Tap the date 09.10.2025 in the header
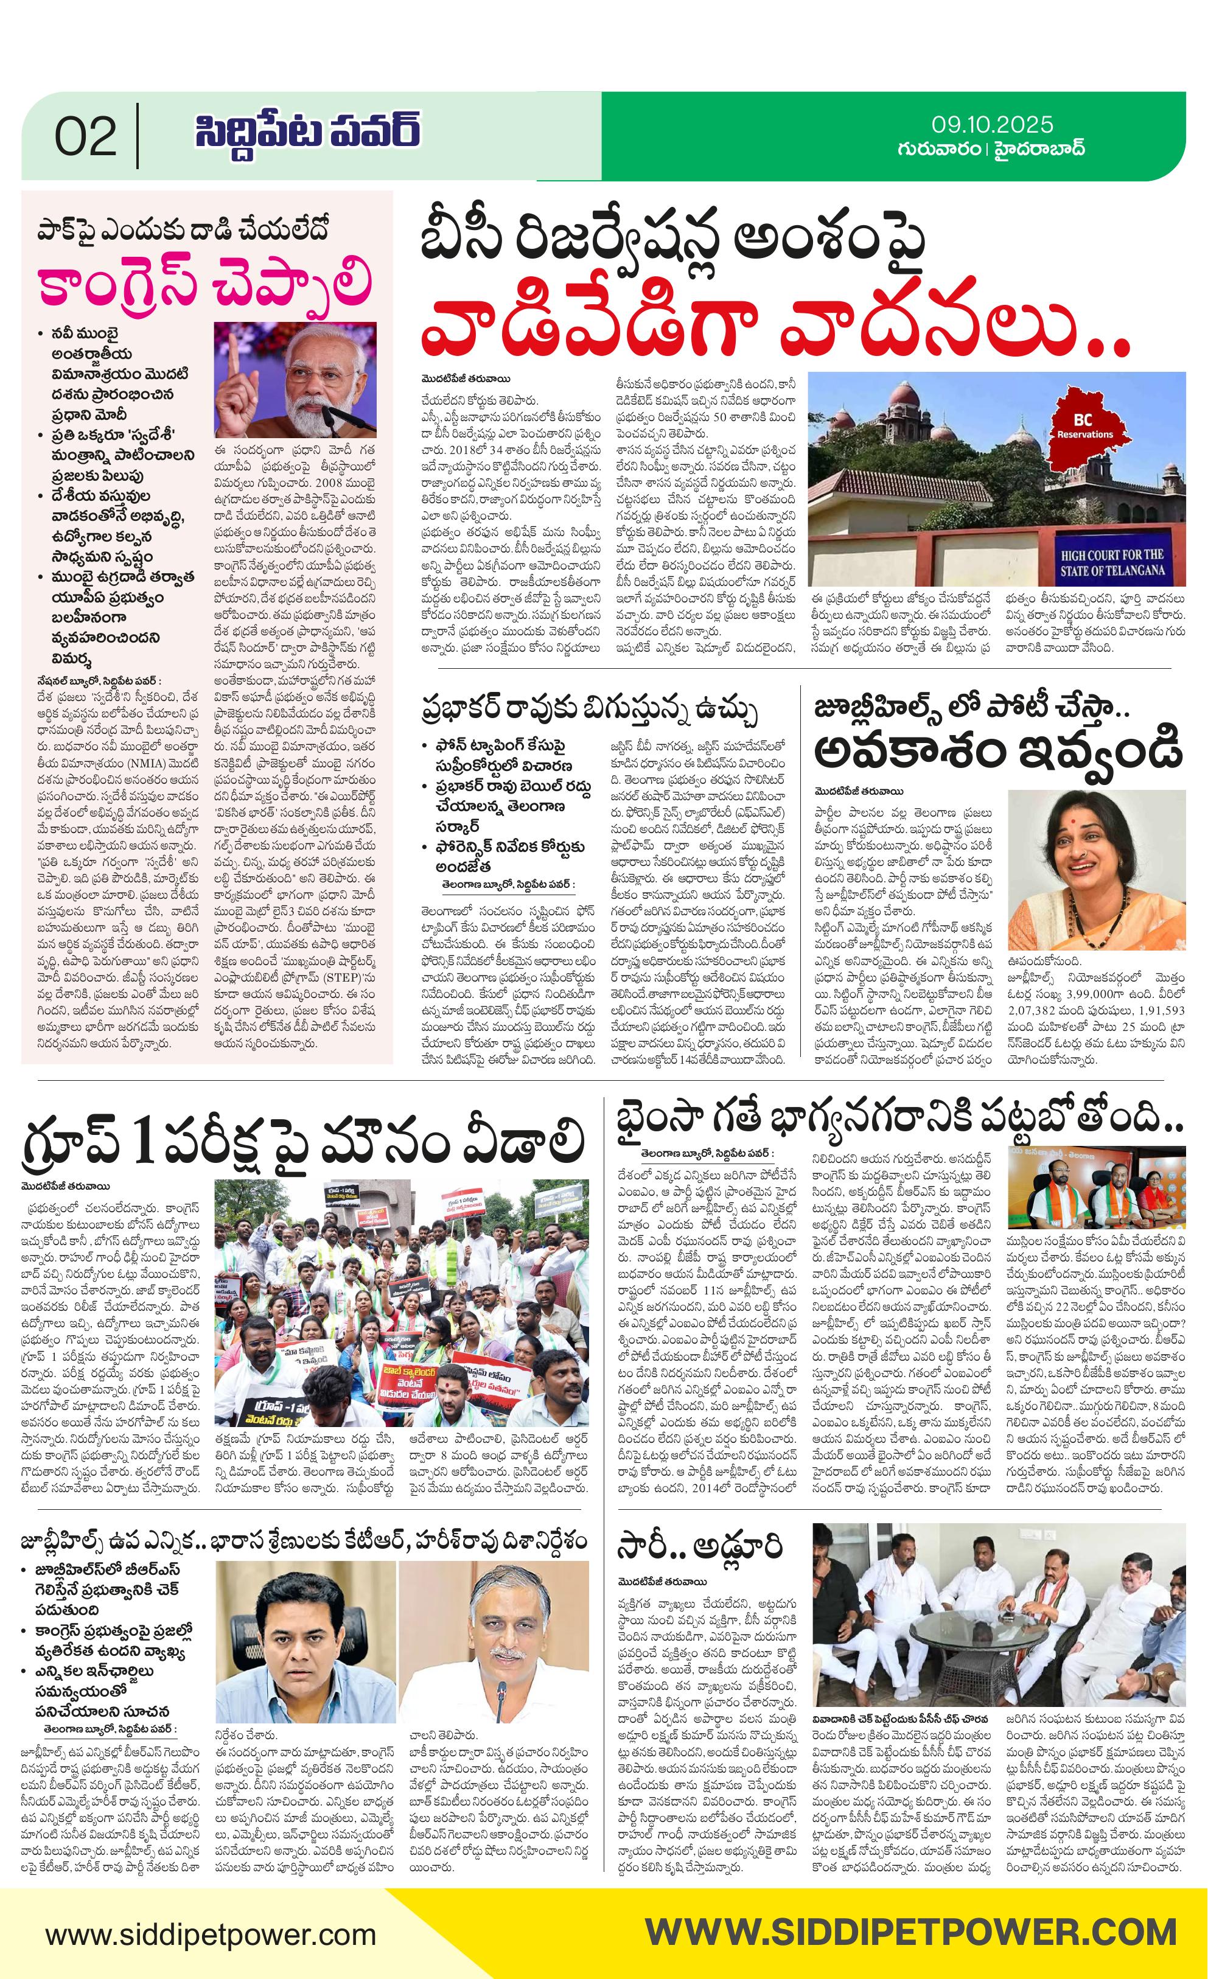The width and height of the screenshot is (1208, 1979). pos(992,125)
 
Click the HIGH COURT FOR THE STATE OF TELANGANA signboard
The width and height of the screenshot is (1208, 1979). pos(1111,563)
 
